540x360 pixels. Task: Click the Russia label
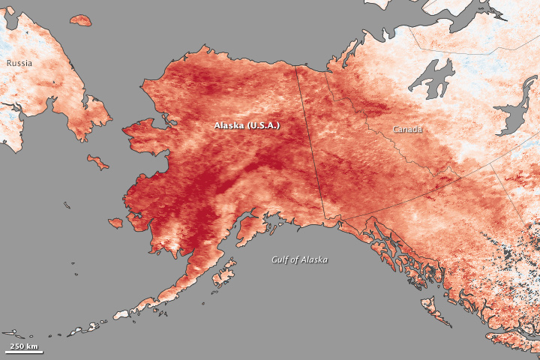tap(19, 63)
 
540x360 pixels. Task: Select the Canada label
tap(407, 130)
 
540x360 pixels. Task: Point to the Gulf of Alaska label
tap(299, 259)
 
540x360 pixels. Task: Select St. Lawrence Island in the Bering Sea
tap(97, 161)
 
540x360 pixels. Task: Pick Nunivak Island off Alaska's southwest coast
tap(115, 223)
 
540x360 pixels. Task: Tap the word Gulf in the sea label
tap(280, 259)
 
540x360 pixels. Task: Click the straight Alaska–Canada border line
tap(312, 142)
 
